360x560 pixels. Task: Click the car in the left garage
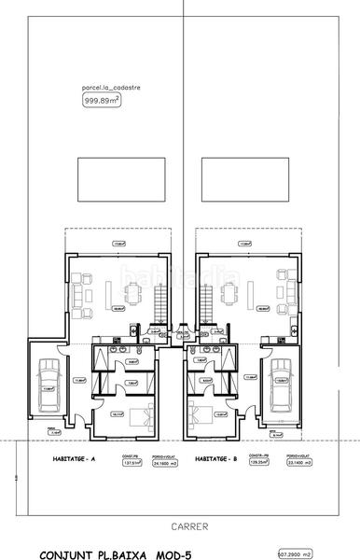coord(48,380)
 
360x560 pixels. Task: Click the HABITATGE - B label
coord(217,459)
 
